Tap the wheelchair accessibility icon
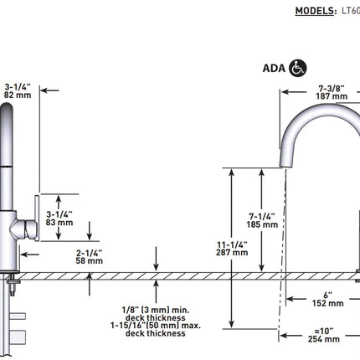coord(296,69)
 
